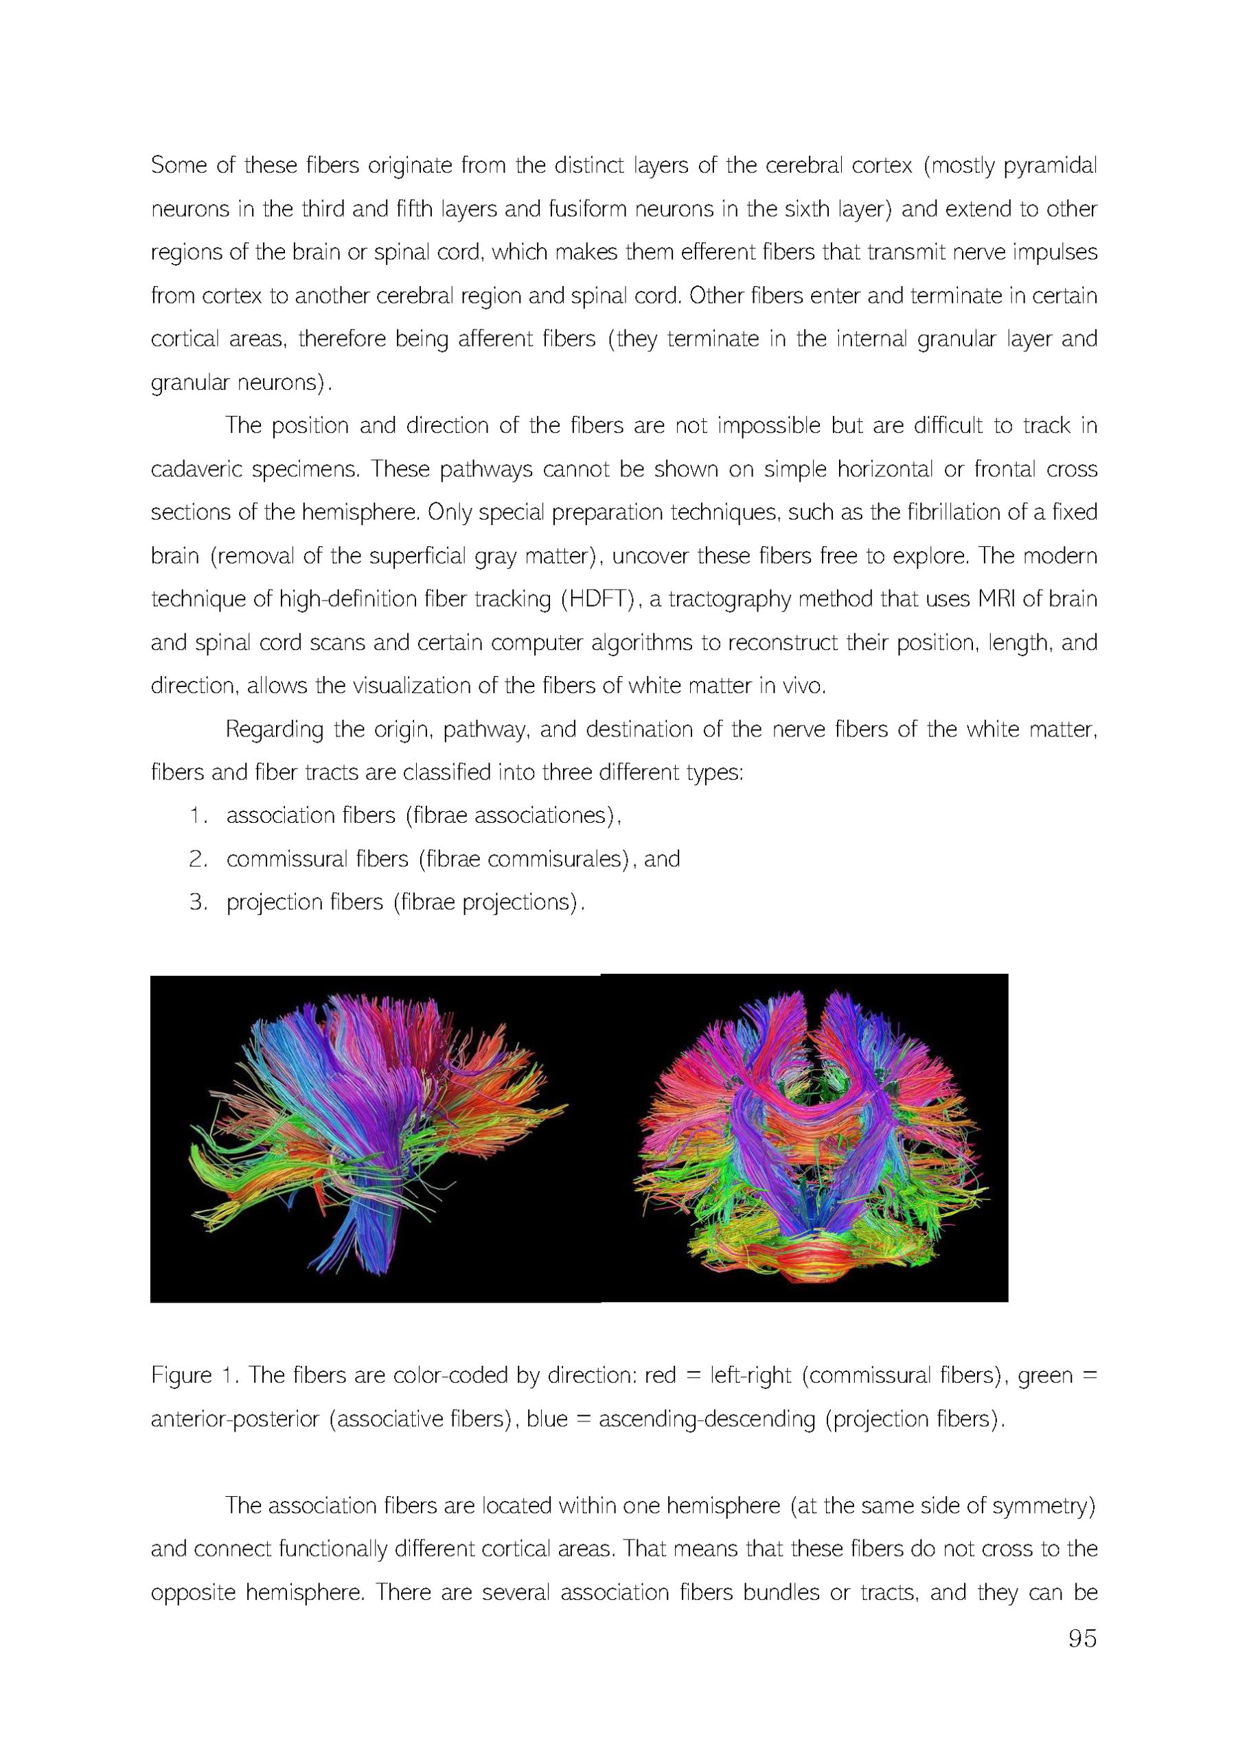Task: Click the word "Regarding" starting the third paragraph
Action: point(274,730)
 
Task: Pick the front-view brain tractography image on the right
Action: point(803,1137)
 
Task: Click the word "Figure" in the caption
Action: point(181,1375)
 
